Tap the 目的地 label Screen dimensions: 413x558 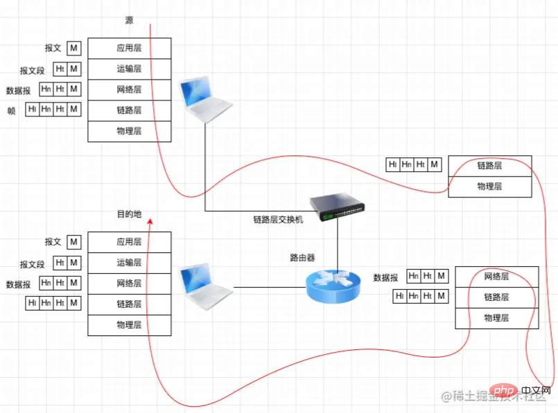click(x=129, y=214)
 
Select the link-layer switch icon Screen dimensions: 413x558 click(x=339, y=206)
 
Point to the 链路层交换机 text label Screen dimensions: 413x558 click(x=278, y=220)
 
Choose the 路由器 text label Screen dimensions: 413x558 click(x=302, y=257)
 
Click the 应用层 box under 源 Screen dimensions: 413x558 click(x=129, y=49)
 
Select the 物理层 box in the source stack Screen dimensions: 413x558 click(x=129, y=131)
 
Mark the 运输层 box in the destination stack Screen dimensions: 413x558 click(x=129, y=263)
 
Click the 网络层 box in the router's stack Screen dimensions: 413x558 click(x=496, y=276)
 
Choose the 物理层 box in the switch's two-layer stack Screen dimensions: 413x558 click(x=489, y=186)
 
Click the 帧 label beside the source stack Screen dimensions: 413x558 click(x=11, y=110)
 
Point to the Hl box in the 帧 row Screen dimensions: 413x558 click(x=32, y=109)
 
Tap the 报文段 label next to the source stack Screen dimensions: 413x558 click(x=33, y=70)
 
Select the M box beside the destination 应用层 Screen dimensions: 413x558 click(x=74, y=242)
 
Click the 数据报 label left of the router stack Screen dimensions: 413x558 click(x=385, y=277)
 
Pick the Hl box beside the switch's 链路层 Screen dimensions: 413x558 click(x=392, y=164)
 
